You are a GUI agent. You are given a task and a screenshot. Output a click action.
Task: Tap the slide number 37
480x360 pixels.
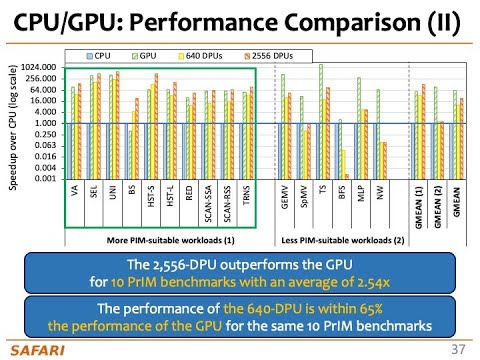[x=459, y=348]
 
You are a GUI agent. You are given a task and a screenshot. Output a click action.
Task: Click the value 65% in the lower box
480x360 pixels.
[x=380, y=310]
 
